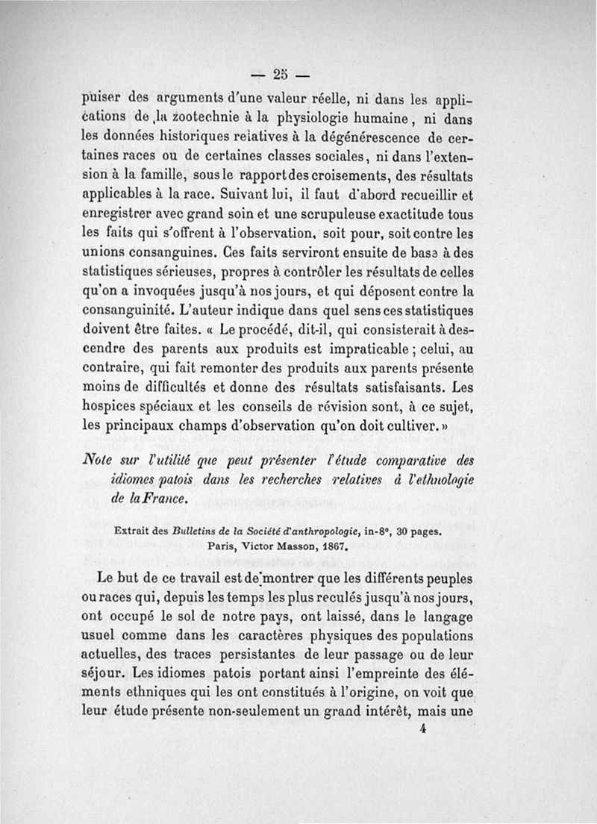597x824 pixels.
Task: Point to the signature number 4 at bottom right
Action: click(422, 732)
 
